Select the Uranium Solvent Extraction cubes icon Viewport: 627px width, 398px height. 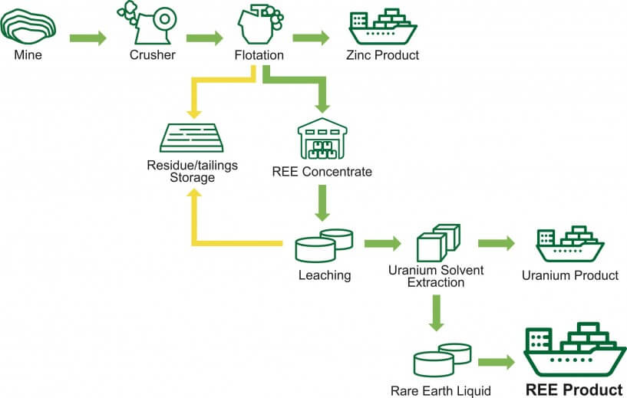437,243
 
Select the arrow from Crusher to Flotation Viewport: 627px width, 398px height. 204,38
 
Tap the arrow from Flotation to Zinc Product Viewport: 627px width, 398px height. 311,38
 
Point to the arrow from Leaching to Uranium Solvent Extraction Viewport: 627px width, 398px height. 382,245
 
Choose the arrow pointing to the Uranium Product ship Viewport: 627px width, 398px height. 496,244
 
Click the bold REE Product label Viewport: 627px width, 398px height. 573,389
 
